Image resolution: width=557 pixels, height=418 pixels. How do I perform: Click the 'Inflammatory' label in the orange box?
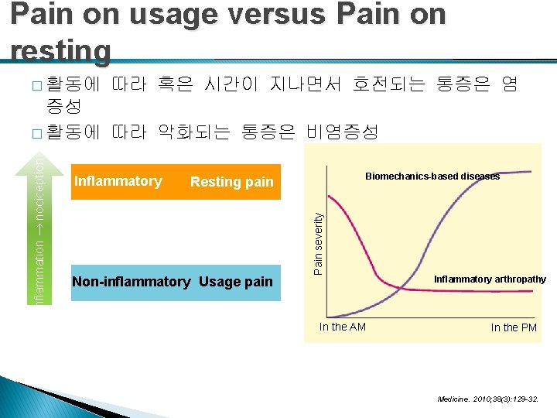pos(118,181)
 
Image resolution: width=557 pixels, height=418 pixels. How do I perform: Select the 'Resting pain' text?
pos(232,182)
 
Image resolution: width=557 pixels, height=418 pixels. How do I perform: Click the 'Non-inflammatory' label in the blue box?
pos(131,282)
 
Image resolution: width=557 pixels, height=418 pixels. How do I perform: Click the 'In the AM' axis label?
pos(343,327)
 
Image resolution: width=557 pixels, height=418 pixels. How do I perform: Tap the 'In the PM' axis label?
pos(514,327)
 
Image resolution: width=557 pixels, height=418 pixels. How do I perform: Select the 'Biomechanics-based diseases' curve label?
pos(432,176)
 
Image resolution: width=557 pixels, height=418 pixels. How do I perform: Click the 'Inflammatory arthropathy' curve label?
pos(490,279)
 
